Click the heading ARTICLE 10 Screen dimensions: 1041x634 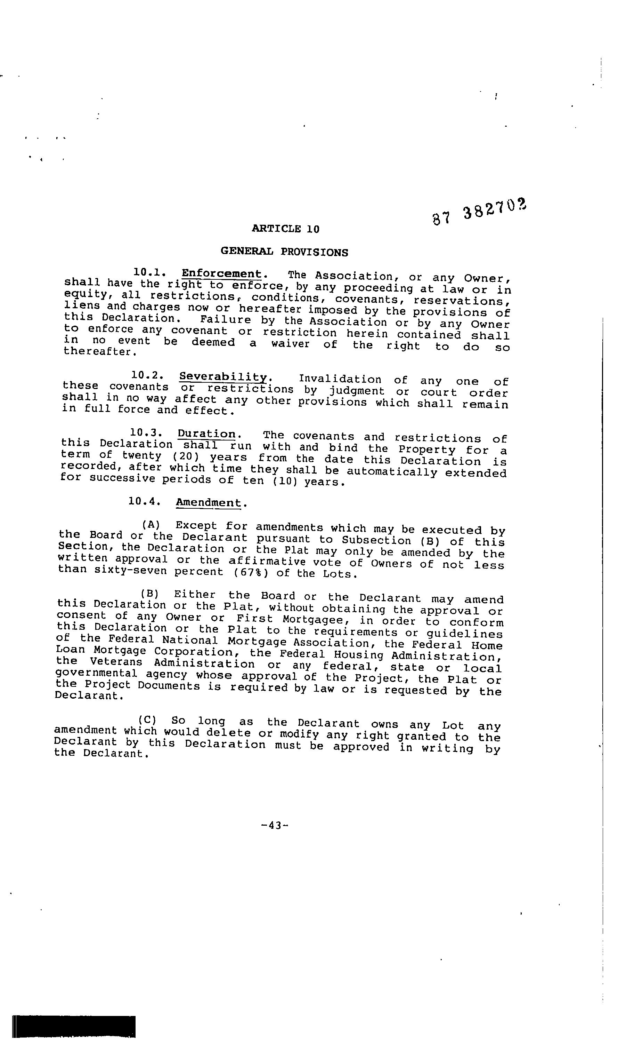(x=285, y=229)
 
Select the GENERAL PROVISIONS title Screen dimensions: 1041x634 (x=284, y=252)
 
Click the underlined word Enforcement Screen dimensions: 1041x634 (x=222, y=274)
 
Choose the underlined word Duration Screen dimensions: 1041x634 (x=206, y=434)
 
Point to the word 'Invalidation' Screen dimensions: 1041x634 (x=340, y=379)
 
